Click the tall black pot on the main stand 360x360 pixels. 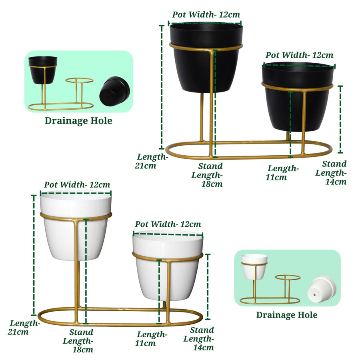pyautogui.click(x=206, y=57)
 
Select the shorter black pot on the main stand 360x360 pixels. pyautogui.click(x=298, y=96)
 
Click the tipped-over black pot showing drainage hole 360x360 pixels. pyautogui.click(x=114, y=91)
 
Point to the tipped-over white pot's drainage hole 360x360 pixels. pyautogui.click(x=314, y=295)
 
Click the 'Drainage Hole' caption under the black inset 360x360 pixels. pyautogui.click(x=78, y=121)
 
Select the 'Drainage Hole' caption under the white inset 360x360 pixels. pyautogui.click(x=287, y=315)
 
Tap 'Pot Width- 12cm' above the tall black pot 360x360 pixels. pyautogui.click(x=206, y=14)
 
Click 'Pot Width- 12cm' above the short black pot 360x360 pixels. pyautogui.click(x=299, y=55)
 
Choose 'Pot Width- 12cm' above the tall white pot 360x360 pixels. pyautogui.click(x=77, y=184)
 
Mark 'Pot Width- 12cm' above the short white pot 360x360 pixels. pyautogui.click(x=168, y=224)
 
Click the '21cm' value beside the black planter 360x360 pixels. pyautogui.click(x=145, y=166)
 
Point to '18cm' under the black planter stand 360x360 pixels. pyautogui.click(x=212, y=184)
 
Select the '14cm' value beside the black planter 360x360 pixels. pyautogui.click(x=336, y=182)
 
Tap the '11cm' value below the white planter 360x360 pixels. pyautogui.click(x=145, y=344)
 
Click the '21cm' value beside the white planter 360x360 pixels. pyautogui.click(x=18, y=332)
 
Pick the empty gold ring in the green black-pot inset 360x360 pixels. pyautogui.click(x=80, y=80)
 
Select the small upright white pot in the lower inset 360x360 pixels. pyautogui.click(x=254, y=267)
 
